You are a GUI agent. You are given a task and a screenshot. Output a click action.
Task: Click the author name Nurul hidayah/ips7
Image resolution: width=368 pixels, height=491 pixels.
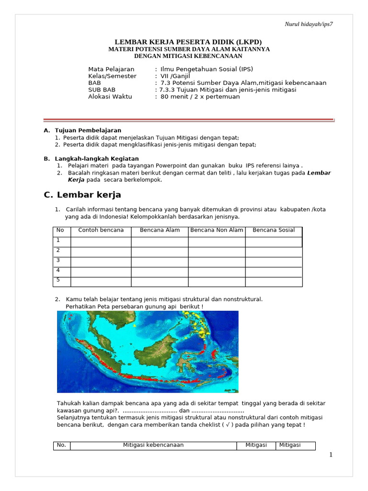(x=309, y=24)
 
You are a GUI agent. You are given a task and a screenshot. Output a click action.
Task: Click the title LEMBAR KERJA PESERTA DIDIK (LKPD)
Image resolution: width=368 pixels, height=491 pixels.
(x=188, y=42)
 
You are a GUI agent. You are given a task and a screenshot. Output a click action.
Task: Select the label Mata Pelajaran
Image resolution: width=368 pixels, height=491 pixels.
(x=111, y=69)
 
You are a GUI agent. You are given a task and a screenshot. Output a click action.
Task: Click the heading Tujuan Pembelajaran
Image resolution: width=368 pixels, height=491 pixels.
(x=88, y=130)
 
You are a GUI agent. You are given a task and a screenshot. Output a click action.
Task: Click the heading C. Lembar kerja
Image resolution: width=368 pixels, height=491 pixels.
(x=82, y=195)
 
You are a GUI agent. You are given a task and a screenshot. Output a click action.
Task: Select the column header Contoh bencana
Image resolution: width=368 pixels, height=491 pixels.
(x=101, y=230)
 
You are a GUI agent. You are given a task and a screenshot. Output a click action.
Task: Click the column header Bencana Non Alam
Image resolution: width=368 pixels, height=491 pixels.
(x=217, y=230)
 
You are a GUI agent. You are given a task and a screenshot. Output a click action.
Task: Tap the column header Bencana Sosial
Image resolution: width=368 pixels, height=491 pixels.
(x=274, y=230)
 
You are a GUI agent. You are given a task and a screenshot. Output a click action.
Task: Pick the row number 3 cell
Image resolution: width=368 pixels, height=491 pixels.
(x=61, y=261)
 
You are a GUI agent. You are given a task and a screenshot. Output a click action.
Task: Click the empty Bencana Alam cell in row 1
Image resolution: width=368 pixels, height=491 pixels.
(x=160, y=241)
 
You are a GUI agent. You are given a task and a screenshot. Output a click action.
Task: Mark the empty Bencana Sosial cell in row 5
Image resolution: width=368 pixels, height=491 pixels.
(x=274, y=281)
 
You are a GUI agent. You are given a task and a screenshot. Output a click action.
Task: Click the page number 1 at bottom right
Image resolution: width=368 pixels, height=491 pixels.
(x=331, y=455)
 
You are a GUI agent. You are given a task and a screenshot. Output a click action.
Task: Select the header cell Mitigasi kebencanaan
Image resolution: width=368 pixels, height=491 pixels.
(x=153, y=445)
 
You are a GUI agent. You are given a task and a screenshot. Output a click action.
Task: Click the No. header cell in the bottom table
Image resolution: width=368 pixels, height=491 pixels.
(x=61, y=445)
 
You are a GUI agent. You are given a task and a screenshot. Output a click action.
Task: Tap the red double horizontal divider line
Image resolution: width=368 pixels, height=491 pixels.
(x=189, y=120)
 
